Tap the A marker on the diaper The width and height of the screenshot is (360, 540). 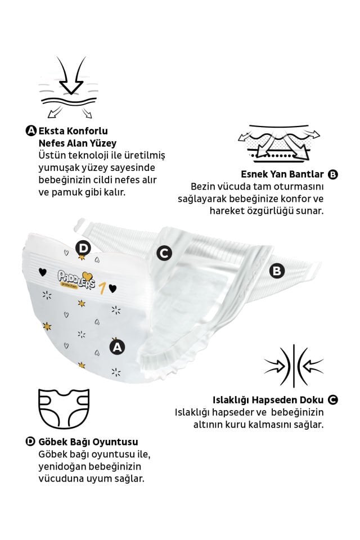(116, 347)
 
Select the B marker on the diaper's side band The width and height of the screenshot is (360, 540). (277, 271)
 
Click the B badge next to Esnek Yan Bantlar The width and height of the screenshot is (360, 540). (332, 174)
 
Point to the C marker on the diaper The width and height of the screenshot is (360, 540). (164, 253)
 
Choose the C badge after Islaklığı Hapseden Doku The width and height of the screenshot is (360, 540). (332, 400)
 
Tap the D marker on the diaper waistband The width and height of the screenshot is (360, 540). (83, 248)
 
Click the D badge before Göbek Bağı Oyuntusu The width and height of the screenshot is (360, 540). (31, 442)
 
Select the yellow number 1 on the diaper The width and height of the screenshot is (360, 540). (103, 289)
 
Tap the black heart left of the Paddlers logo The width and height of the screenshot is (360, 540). (42, 272)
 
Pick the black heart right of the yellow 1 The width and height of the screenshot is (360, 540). (113, 289)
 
